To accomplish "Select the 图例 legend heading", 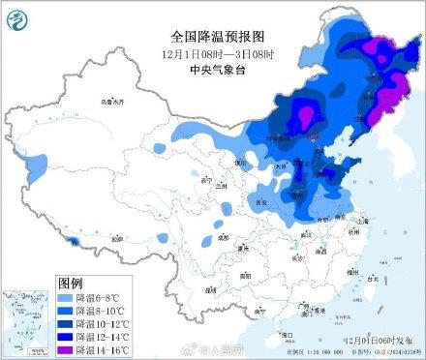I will pos(72,282).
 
